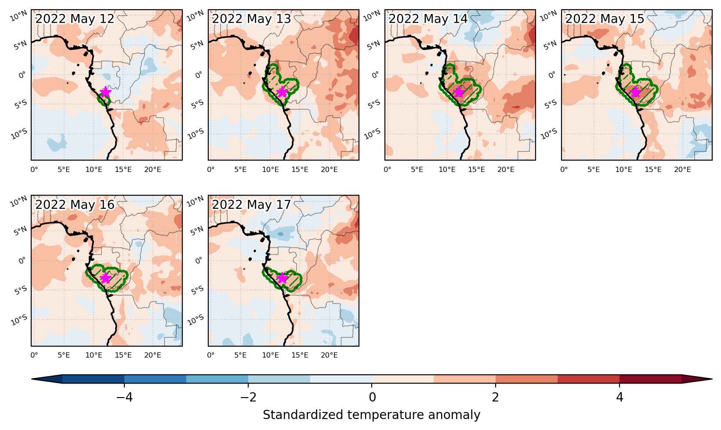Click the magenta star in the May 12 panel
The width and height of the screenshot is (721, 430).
[105, 92]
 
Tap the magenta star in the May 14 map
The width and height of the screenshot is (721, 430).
[459, 92]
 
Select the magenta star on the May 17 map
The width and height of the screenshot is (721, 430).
[282, 278]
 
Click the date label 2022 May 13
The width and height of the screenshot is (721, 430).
[251, 18]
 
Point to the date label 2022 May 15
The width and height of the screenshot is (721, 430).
[605, 18]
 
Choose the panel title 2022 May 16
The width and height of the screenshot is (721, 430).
[75, 204]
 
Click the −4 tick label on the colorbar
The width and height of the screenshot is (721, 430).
[124, 398]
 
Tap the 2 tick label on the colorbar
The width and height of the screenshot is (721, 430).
[495, 398]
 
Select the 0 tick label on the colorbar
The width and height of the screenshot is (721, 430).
[372, 398]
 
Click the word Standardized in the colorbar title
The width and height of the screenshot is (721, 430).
[303, 415]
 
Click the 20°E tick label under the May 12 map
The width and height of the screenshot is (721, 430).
[152, 169]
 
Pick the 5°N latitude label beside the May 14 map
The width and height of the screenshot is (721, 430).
[374, 45]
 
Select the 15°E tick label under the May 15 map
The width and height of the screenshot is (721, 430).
[653, 169]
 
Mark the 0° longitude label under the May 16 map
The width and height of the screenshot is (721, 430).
[34, 355]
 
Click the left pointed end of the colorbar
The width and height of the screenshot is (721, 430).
[32, 379]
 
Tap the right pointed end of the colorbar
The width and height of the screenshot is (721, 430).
[712, 379]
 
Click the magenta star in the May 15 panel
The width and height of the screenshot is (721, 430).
[635, 92]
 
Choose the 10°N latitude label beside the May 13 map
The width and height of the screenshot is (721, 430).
[196, 16]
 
